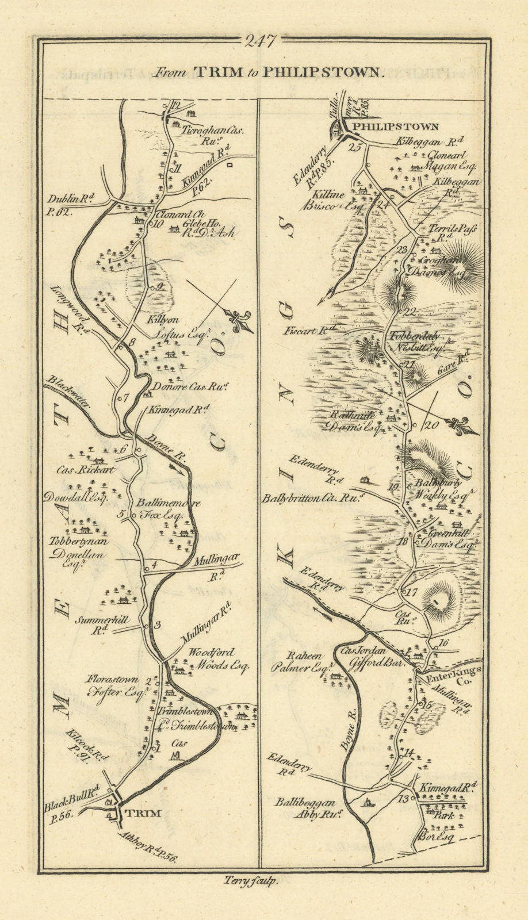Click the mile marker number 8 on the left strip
click(131, 342)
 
